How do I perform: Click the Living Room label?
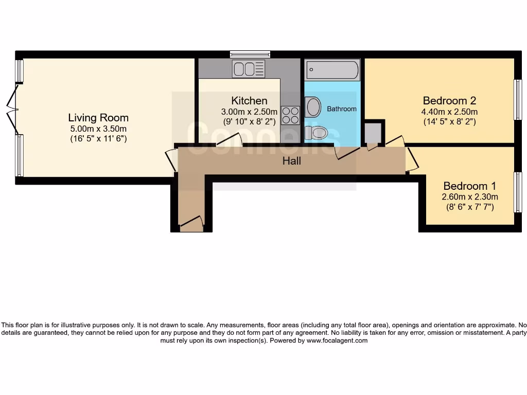click(x=98, y=118)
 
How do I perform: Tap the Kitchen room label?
click(x=249, y=101)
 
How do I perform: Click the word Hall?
click(x=291, y=161)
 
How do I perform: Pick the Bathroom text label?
click(x=342, y=109)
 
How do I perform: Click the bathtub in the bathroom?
click(x=332, y=69)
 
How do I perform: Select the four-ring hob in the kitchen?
click(x=290, y=115)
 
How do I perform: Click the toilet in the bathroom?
click(x=315, y=133)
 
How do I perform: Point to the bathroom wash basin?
click(x=313, y=107)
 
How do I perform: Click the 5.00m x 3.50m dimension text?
click(x=98, y=129)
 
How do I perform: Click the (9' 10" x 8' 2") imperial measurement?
click(x=249, y=122)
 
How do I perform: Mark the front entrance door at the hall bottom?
click(x=191, y=223)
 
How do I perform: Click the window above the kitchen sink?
click(x=250, y=53)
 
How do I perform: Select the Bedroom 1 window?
click(x=518, y=192)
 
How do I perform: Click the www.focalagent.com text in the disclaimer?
click(x=337, y=340)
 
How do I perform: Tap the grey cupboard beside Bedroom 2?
click(x=373, y=133)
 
